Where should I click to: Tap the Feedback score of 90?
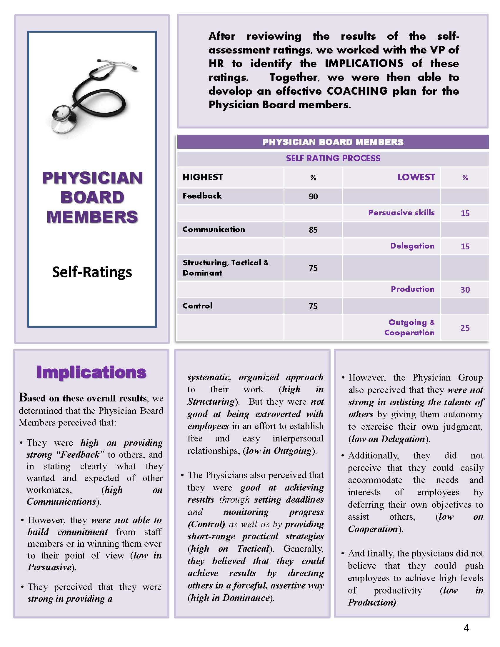tap(313, 196)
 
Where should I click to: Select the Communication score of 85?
tap(313, 230)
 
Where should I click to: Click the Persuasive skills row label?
tap(401, 213)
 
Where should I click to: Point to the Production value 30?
tap(465, 289)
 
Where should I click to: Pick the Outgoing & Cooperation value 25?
tap(465, 328)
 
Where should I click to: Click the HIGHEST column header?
tap(203, 177)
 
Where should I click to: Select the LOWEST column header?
tap(416, 177)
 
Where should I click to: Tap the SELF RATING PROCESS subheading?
tap(333, 158)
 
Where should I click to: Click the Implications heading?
tap(91, 372)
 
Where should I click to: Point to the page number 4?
tap(466, 627)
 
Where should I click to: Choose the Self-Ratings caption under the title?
tap(92, 272)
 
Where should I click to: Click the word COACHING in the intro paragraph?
tap(357, 91)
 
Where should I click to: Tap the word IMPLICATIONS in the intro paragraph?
tap(364, 64)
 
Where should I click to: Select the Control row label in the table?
tap(197, 306)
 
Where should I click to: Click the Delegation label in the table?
tap(412, 246)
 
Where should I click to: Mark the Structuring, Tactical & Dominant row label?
tap(225, 268)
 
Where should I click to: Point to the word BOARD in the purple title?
tap(92, 198)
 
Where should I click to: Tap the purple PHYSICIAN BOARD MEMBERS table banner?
tap(333, 142)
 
